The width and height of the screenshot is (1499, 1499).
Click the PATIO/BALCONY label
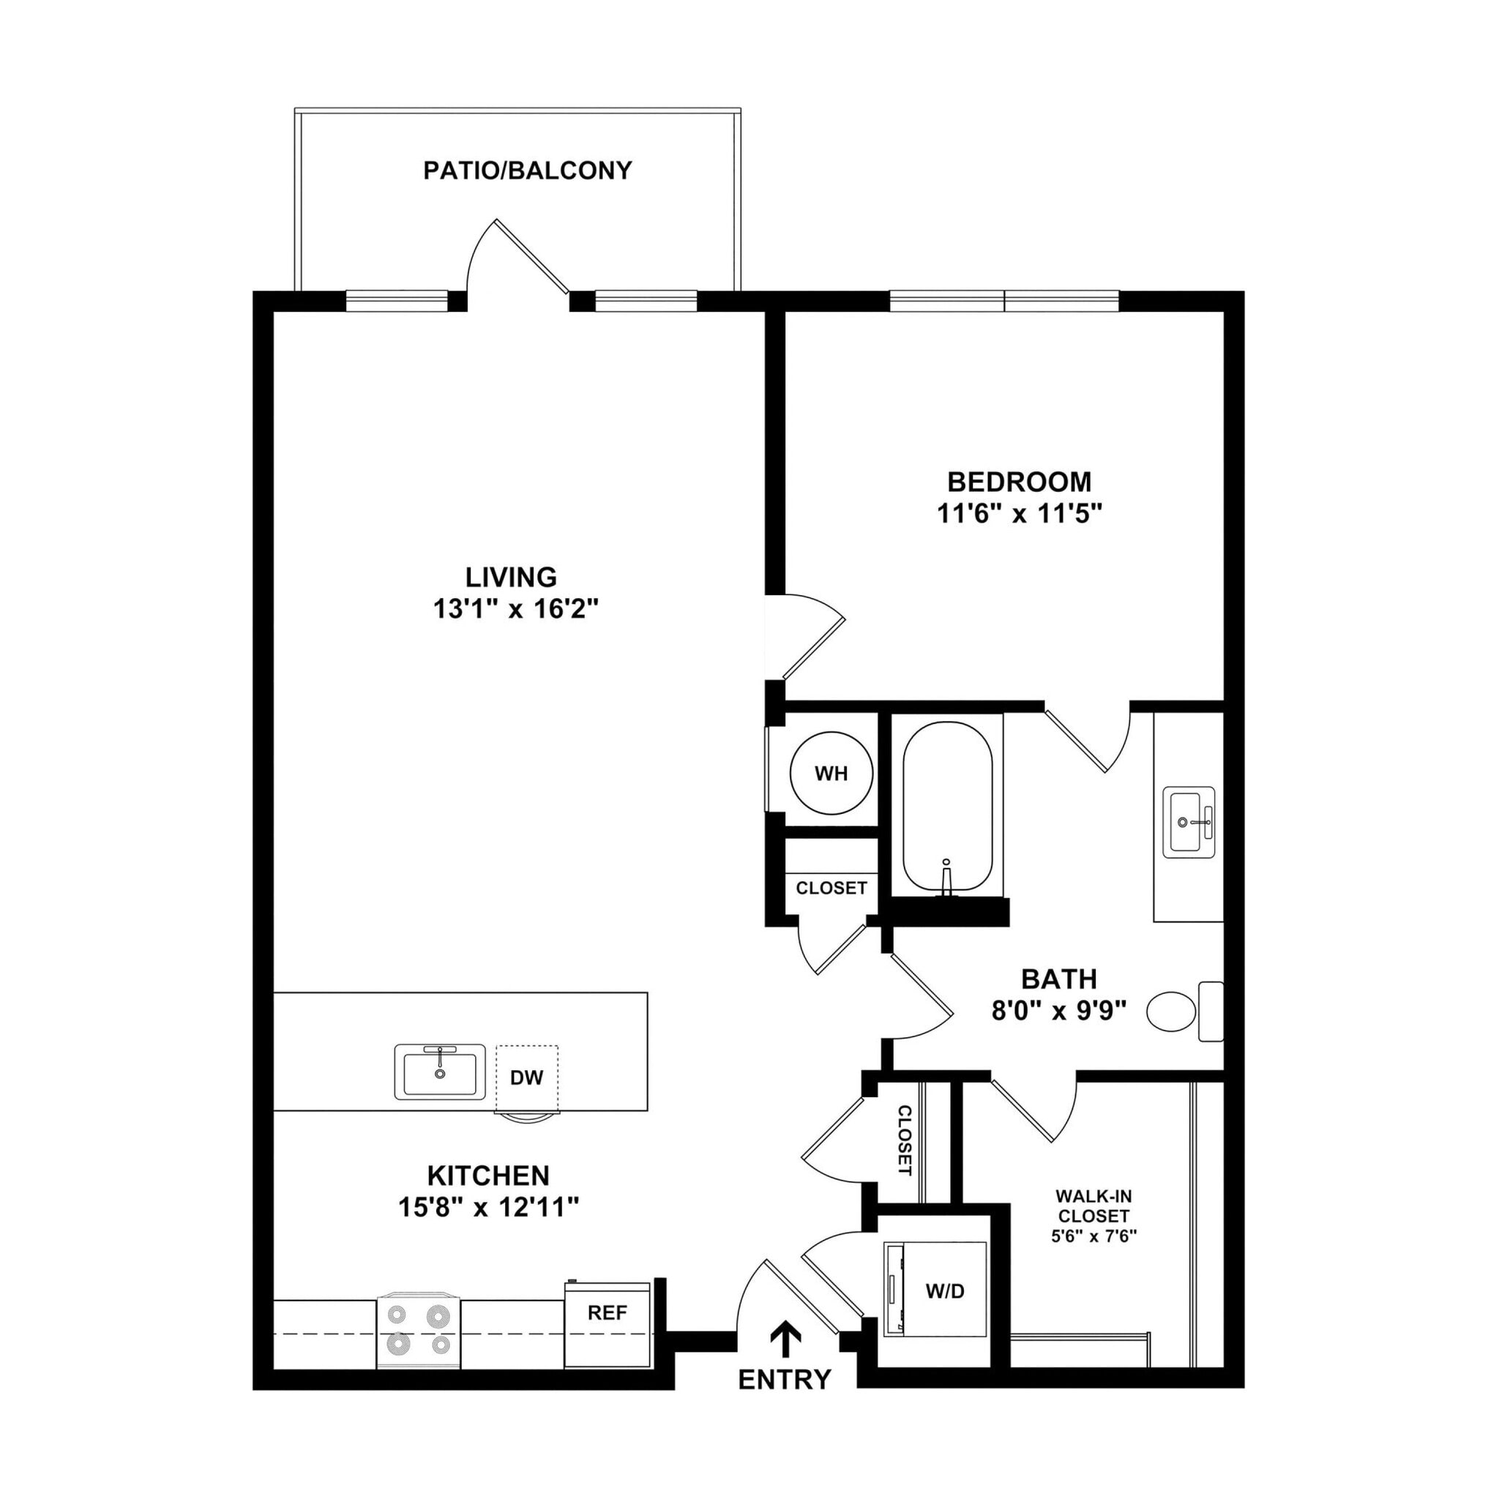[527, 171]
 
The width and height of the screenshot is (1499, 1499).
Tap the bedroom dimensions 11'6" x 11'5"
[1019, 514]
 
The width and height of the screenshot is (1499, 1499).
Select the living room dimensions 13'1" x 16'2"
[516, 609]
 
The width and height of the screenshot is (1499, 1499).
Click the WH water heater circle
[830, 774]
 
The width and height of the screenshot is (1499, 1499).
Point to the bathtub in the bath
[946, 807]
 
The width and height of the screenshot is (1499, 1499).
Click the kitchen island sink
[440, 1072]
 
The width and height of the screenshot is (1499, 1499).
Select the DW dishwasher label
[526, 1077]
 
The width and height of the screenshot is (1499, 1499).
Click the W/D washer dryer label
[944, 1291]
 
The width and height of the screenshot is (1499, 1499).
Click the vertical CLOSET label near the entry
[905, 1140]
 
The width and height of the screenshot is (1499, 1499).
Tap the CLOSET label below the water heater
[831, 888]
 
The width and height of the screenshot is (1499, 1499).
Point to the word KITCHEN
[488, 1175]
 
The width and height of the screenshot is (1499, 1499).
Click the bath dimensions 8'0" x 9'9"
[1058, 1010]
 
